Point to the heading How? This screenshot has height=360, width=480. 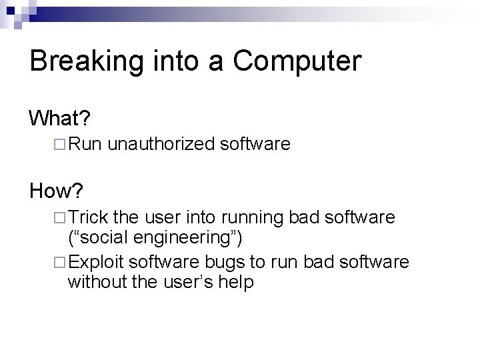click(x=57, y=192)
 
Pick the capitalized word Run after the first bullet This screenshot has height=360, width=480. click(x=85, y=143)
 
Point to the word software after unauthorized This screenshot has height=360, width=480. click(x=257, y=143)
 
